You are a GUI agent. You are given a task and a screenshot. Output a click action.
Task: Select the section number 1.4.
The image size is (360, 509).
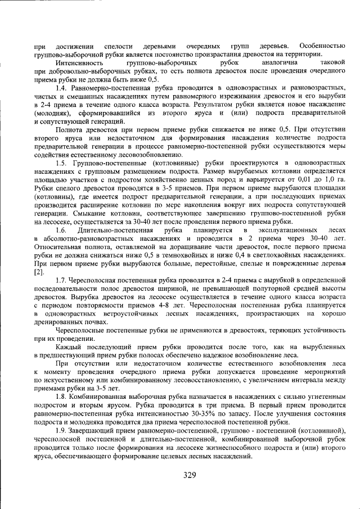(61, 89)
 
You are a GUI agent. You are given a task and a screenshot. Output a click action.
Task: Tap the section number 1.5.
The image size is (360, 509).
(61, 163)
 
